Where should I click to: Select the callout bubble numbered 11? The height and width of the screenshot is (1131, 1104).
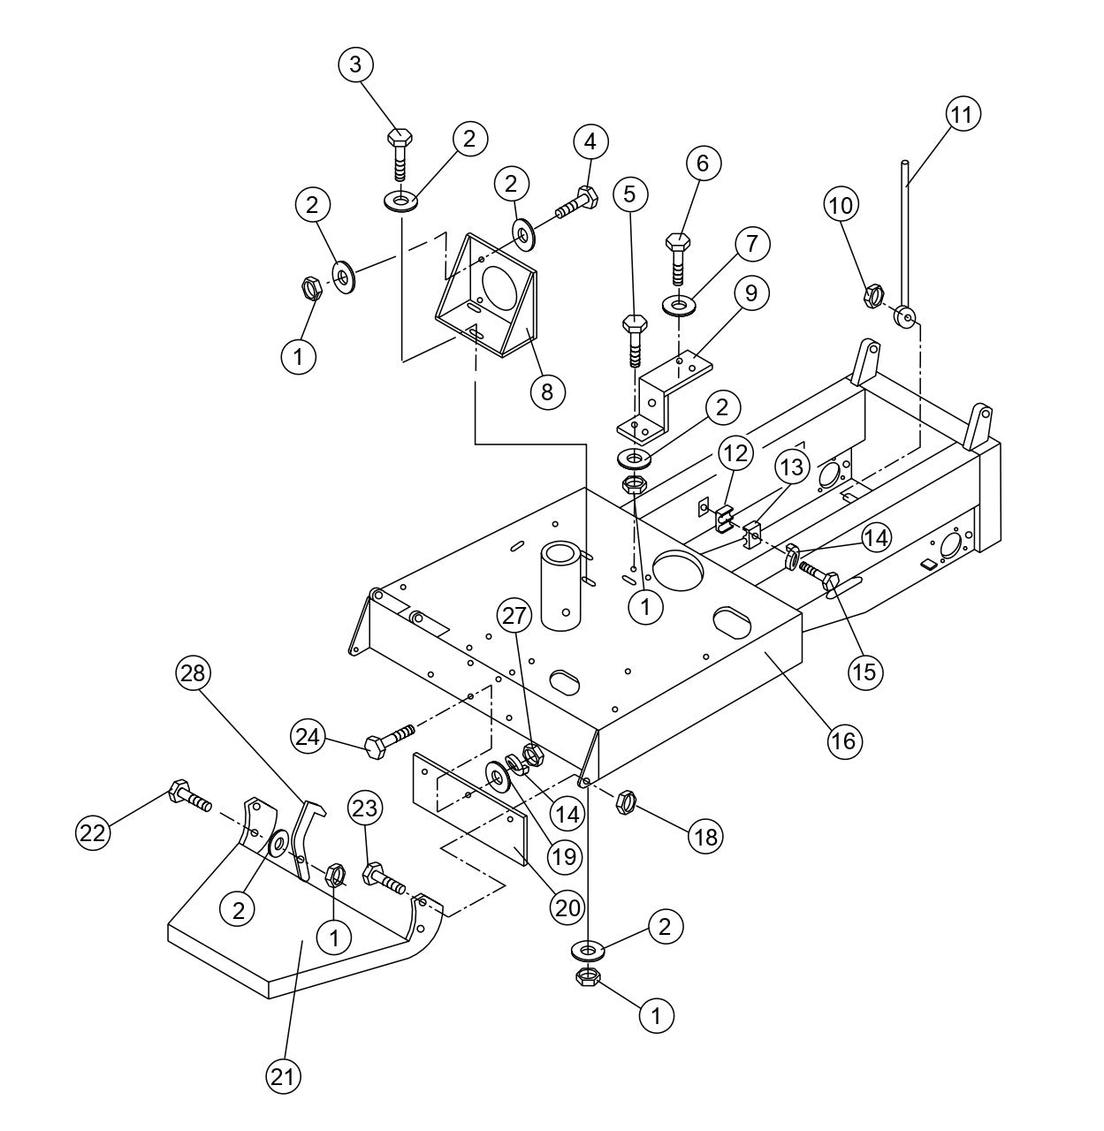coord(963,115)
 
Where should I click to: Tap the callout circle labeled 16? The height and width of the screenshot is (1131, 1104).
coord(844,740)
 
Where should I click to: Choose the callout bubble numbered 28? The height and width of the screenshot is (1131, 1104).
coord(193,674)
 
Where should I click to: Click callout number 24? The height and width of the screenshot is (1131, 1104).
coord(309,736)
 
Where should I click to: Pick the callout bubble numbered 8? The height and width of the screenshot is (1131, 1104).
coord(547,391)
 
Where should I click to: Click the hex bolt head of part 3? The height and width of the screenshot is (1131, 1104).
coord(400,139)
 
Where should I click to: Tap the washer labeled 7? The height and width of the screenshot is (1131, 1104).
coord(680,306)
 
